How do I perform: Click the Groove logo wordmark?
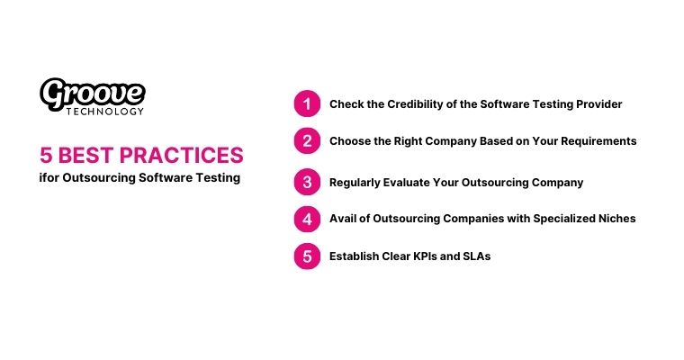(x=93, y=92)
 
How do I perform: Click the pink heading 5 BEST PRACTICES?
(x=141, y=155)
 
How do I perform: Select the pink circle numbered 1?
(x=307, y=104)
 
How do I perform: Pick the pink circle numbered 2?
(x=307, y=141)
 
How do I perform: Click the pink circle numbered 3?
(x=307, y=182)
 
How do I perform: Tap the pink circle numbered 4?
(x=307, y=219)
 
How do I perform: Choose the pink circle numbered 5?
(x=307, y=256)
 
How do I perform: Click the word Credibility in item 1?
(x=409, y=104)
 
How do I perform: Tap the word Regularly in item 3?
(x=356, y=182)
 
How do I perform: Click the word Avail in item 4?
(x=344, y=219)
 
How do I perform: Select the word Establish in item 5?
(x=355, y=256)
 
